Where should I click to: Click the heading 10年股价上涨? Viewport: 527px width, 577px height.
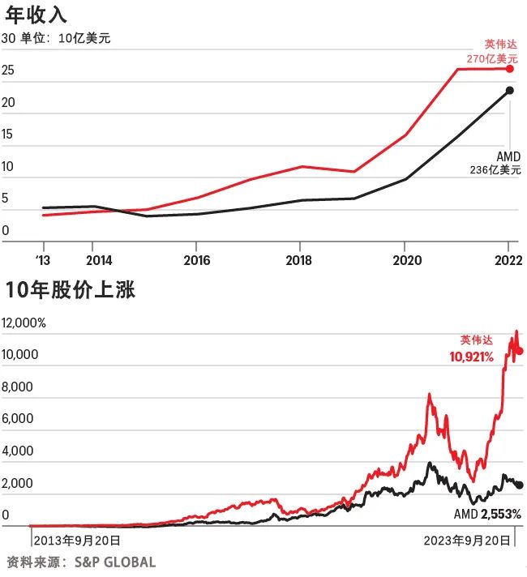(71, 290)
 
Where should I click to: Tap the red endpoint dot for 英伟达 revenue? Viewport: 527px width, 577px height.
(510, 69)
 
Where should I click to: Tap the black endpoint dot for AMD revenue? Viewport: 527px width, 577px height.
(510, 90)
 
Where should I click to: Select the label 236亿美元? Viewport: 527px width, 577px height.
(495, 170)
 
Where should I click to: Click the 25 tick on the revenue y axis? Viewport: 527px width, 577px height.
(8, 71)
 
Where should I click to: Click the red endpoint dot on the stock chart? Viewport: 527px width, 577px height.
(520, 351)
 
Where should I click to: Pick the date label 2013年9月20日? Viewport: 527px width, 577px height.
(77, 540)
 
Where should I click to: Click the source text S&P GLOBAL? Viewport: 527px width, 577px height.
(116, 562)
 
